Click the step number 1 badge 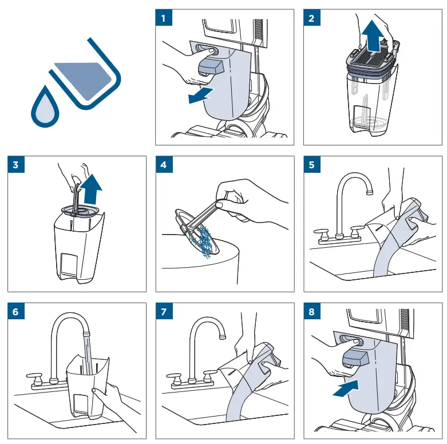click(164, 18)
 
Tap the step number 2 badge click(312, 18)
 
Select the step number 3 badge click(16, 164)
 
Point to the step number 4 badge click(164, 164)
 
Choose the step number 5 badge click(312, 164)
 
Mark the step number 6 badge click(16, 311)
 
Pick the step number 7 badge click(164, 311)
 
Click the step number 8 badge click(312, 311)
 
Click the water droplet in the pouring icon click(45, 108)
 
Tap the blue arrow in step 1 click(200, 96)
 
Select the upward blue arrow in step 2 click(373, 36)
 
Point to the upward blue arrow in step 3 click(91, 189)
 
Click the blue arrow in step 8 click(346, 388)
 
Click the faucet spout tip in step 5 click(370, 192)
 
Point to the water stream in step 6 click(88, 354)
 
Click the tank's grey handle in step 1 click(211, 67)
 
